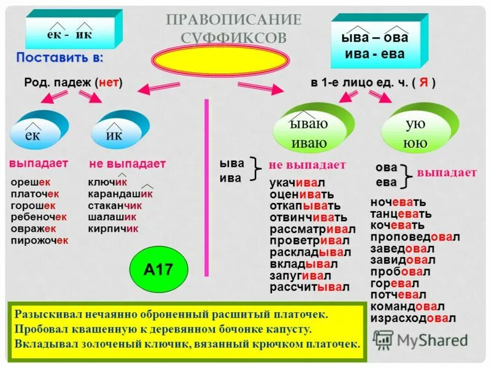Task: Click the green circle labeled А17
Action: click(x=158, y=269)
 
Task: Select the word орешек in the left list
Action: click(x=30, y=182)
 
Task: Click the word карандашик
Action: click(x=120, y=194)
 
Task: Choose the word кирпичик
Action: click(x=113, y=229)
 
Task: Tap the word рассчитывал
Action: click(x=309, y=287)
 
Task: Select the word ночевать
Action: click(x=398, y=202)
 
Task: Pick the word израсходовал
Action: click(x=412, y=318)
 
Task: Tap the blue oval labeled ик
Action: click(x=116, y=133)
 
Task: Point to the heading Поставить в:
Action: click(x=60, y=58)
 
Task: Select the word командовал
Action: click(x=407, y=307)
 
